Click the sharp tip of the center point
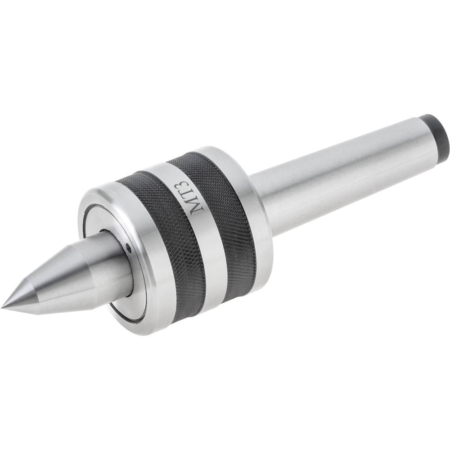point(3,307)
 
